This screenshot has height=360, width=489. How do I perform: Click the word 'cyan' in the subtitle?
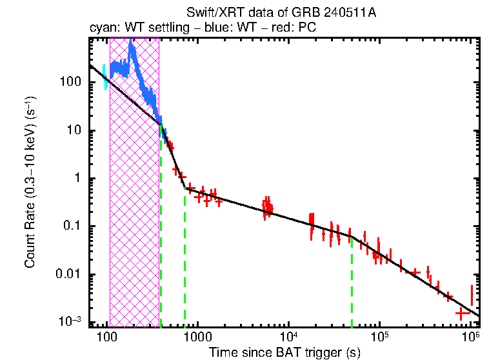pos(102,28)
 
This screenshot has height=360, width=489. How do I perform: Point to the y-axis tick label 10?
pos(74,130)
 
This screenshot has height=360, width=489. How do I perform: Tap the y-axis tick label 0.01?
pos(68,275)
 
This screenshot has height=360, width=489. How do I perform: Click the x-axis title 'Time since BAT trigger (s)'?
pos(284,353)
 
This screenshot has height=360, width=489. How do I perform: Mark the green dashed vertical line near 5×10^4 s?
pos(352,284)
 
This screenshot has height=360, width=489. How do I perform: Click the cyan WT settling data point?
pos(106,77)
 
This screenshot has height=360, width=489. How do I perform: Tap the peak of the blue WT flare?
pos(132,43)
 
